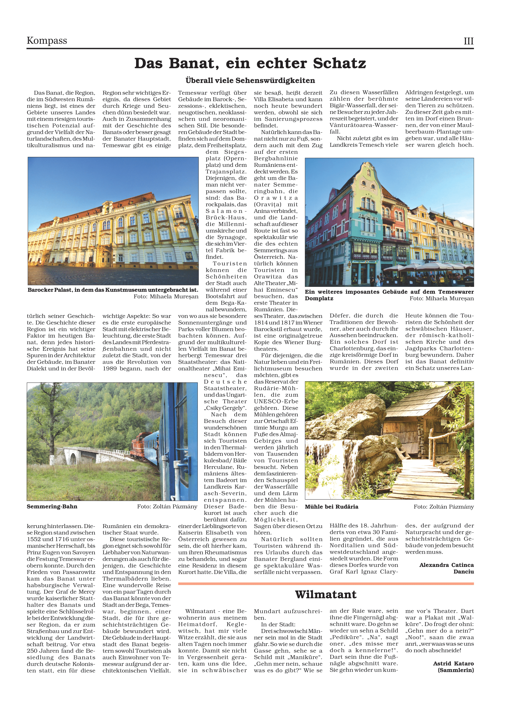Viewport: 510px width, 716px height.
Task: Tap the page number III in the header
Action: (468, 41)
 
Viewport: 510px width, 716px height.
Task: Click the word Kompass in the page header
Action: (47, 40)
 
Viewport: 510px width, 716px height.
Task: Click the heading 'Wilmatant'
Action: (326, 594)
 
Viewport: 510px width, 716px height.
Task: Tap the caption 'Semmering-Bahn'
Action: (52, 506)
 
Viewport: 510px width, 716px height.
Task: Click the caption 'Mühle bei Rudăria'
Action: (331, 507)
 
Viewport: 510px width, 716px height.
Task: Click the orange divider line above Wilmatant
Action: (326, 583)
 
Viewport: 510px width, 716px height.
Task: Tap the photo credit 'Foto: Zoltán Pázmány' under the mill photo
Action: (443, 507)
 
